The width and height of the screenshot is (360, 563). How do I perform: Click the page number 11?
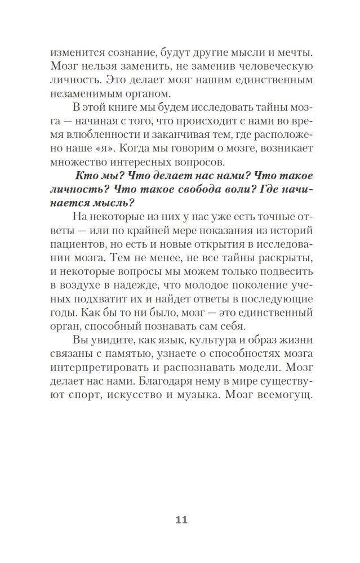coord(180,520)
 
